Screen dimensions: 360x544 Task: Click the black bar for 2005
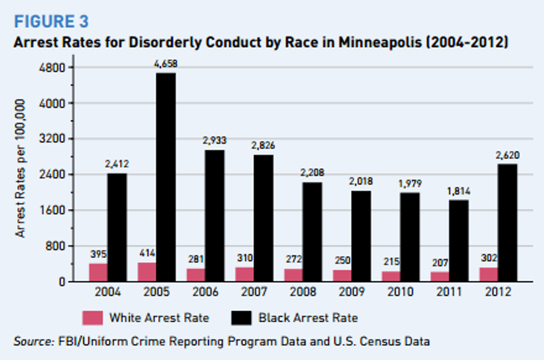(165, 177)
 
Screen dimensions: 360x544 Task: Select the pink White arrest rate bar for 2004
(98, 272)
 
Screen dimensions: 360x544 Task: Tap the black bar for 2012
(507, 222)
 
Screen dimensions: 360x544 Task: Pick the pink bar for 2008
(293, 275)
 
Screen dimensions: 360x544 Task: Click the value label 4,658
(165, 64)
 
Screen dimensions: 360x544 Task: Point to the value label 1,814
(459, 191)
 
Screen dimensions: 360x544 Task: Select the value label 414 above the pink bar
(148, 254)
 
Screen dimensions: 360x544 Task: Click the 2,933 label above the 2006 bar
(214, 141)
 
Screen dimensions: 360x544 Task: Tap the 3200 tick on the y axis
(54, 139)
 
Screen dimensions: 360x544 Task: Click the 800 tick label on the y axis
(57, 246)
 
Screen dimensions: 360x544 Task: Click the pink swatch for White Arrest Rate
(92, 318)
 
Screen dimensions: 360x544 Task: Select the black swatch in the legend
(241, 318)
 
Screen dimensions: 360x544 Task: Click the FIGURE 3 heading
(51, 22)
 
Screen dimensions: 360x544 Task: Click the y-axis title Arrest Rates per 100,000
(21, 169)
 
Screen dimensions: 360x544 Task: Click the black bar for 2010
(410, 237)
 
